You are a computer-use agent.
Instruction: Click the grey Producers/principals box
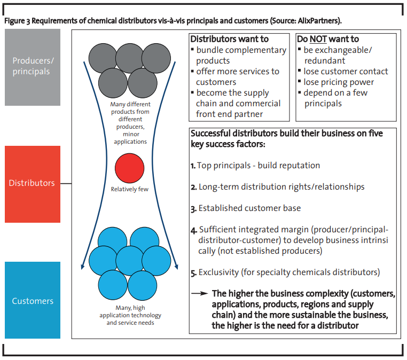33,67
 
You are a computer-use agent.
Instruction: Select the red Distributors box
33,183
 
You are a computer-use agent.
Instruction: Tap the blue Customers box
33,301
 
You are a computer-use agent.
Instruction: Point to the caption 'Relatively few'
129,189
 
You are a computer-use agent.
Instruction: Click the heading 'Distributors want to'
230,39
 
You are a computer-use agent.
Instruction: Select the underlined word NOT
322,39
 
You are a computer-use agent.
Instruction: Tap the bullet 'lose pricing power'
339,82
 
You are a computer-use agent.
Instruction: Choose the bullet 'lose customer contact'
346,71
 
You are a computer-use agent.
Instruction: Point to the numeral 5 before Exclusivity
193,272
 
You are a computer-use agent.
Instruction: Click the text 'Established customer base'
249,208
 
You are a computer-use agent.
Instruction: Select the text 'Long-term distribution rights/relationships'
281,187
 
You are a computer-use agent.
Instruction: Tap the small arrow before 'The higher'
200,293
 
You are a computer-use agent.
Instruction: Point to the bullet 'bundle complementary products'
241,55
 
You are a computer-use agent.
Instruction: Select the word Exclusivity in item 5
218,272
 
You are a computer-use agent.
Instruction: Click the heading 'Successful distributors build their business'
286,134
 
